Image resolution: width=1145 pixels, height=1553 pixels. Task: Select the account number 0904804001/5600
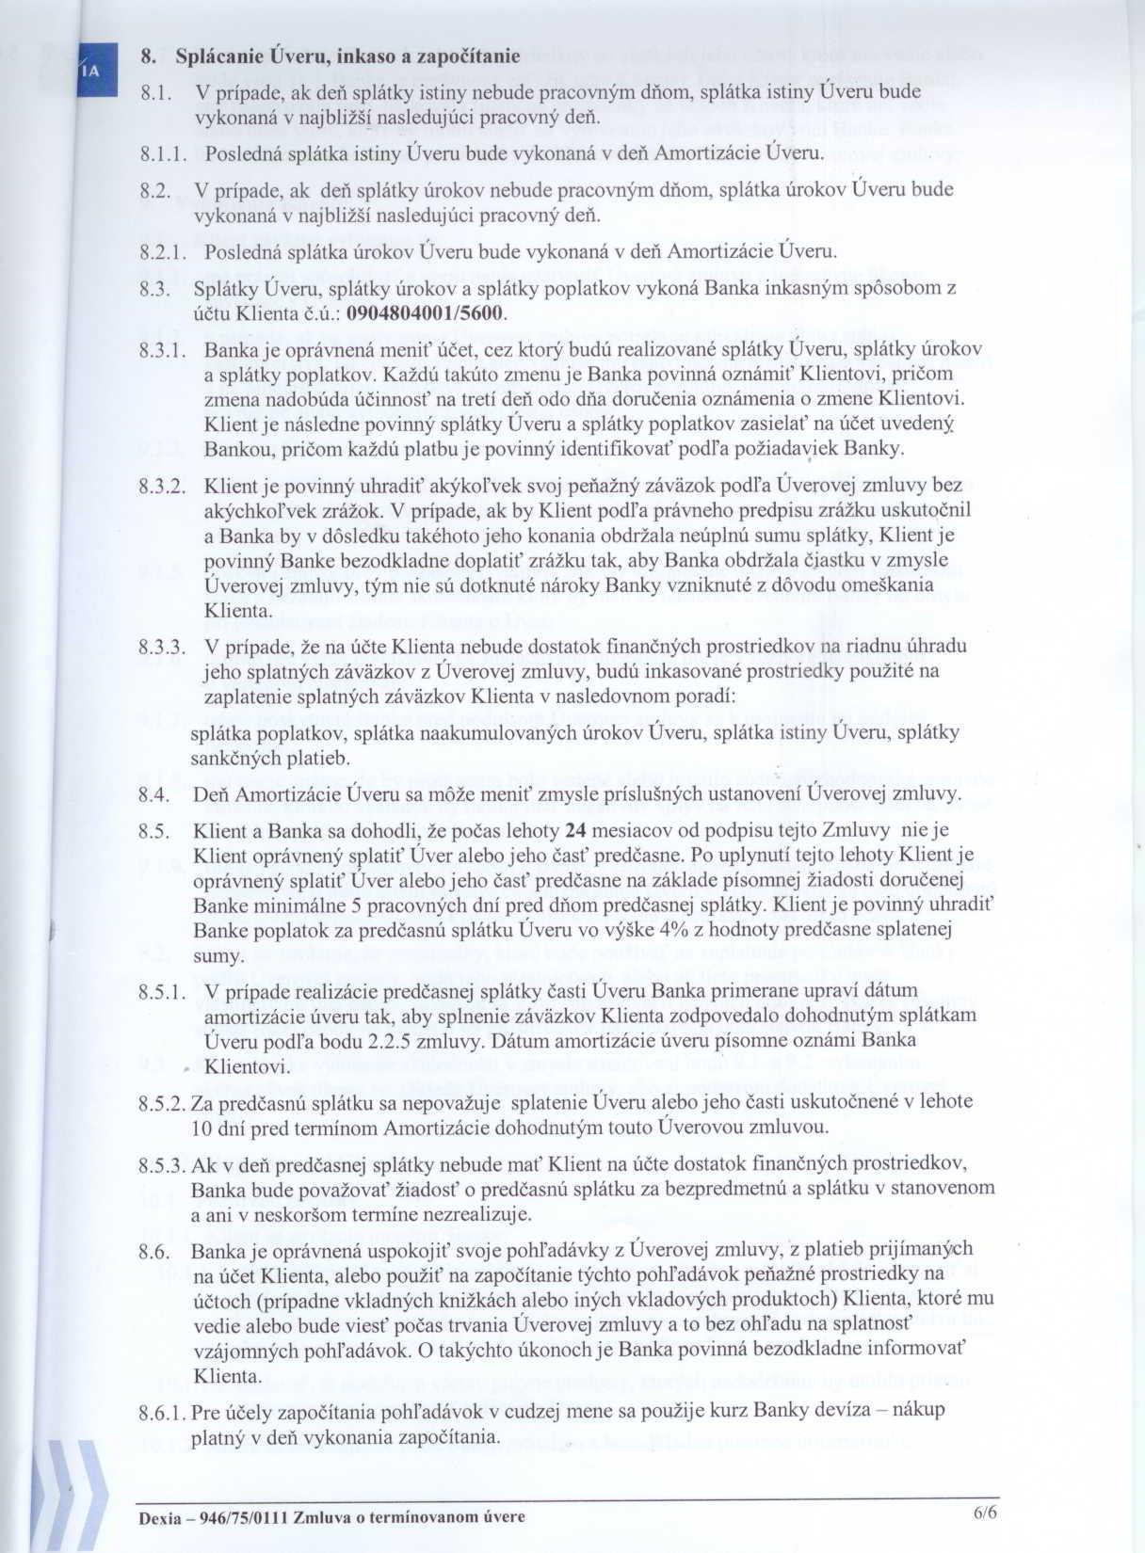tap(427, 313)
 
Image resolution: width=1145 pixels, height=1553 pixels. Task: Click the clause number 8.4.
tap(153, 794)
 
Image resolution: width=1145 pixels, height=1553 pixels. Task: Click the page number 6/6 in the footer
tap(984, 1513)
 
